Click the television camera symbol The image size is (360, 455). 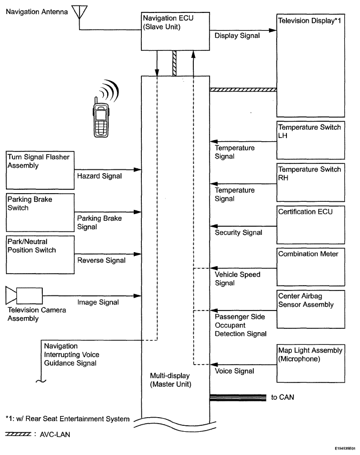point(24,296)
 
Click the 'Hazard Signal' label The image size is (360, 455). point(99,176)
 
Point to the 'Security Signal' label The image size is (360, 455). point(238,233)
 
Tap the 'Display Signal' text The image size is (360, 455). point(237,36)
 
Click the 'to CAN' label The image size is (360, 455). point(283,397)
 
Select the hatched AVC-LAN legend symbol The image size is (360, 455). point(18,434)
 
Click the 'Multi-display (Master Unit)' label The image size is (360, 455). point(171,380)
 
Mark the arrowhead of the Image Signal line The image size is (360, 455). point(138,296)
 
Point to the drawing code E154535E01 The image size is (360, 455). point(345,449)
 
